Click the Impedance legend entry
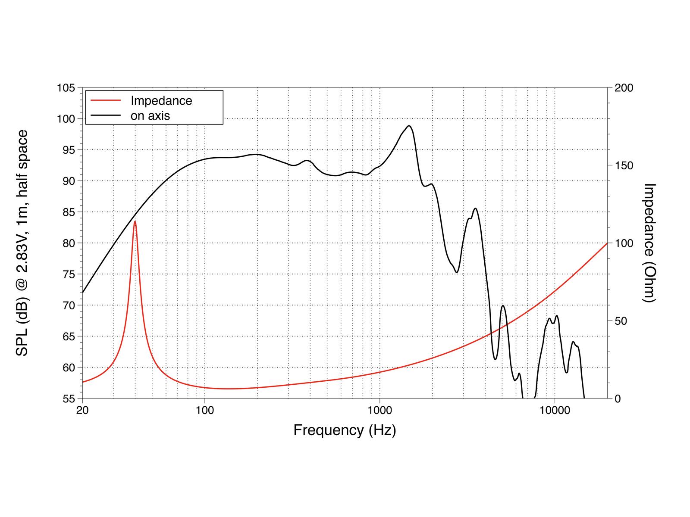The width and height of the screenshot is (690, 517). [x=161, y=100]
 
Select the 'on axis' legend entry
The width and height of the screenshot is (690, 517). [x=150, y=115]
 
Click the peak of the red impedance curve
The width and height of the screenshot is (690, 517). [x=135, y=221]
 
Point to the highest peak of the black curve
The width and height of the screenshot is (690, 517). [x=409, y=126]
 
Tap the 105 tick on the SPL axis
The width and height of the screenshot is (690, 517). [x=66, y=88]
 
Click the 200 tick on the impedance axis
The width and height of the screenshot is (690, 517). [x=623, y=88]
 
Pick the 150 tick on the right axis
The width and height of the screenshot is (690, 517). [x=623, y=166]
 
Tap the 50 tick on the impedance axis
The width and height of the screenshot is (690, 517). [x=620, y=321]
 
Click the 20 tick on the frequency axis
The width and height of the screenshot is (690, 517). [x=82, y=410]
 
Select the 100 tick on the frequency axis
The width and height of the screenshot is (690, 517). [x=204, y=410]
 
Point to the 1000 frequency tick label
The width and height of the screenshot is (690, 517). [x=379, y=410]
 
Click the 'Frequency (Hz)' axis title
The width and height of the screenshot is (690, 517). [x=345, y=430]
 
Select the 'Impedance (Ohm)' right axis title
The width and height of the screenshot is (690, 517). [x=649, y=243]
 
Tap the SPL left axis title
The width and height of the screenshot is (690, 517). [x=22, y=243]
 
